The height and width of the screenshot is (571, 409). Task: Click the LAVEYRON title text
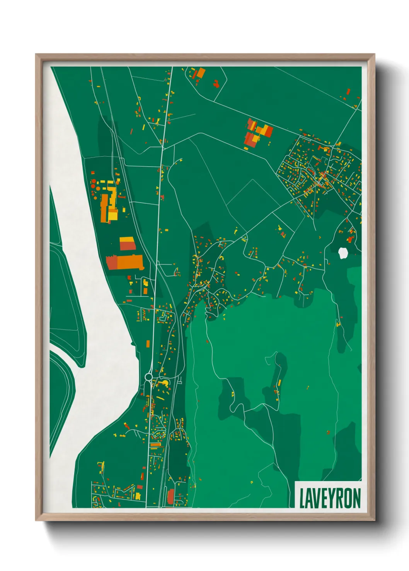pyautogui.click(x=330, y=498)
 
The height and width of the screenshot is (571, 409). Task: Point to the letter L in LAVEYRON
pyautogui.click(x=303, y=498)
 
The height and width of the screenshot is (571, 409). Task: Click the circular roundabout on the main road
pyautogui.click(x=149, y=376)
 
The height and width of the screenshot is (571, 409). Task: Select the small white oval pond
pyautogui.click(x=343, y=253)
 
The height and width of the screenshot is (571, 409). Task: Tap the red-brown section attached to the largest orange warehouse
pyautogui.click(x=112, y=262)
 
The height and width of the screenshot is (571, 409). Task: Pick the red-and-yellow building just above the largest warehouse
pyautogui.click(x=127, y=244)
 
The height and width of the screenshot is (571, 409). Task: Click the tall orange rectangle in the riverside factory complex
pyautogui.click(x=104, y=208)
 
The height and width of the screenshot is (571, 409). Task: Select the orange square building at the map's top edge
pyautogui.click(x=201, y=73)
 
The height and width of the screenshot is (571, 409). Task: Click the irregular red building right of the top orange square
pyautogui.click(x=216, y=83)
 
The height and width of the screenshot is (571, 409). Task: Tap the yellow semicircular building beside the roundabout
pyautogui.click(x=164, y=383)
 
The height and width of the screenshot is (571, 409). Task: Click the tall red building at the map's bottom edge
pyautogui.click(x=170, y=496)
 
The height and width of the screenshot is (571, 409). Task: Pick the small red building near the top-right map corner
pyautogui.click(x=348, y=92)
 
